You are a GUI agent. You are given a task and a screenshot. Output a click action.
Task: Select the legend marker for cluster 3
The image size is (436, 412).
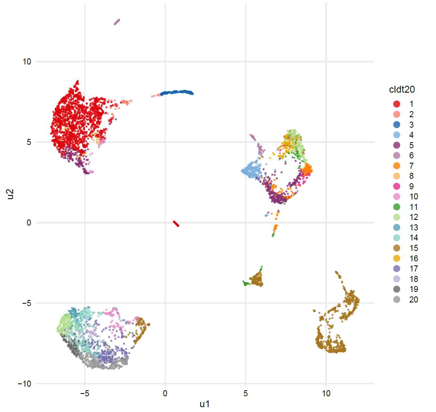pyautogui.click(x=397, y=124)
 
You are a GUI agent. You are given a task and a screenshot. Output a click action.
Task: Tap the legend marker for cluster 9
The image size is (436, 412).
pyautogui.click(x=397, y=186)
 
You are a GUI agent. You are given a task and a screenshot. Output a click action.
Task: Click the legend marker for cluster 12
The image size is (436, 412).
pyautogui.click(x=397, y=217)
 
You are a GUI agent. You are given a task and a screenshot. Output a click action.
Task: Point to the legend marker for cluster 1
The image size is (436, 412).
pyautogui.click(x=397, y=104)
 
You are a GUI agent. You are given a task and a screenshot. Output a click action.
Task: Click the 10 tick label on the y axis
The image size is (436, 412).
pyautogui.click(x=27, y=62)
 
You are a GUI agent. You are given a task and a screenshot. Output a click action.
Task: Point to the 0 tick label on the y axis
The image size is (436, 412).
pyautogui.click(x=29, y=223)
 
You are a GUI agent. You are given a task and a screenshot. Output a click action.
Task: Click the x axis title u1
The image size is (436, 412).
pyautogui.click(x=205, y=404)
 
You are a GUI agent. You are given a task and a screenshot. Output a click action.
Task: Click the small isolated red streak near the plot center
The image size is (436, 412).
pyautogui.click(x=176, y=224)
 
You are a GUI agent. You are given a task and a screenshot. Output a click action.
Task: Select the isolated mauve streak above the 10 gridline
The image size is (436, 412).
pyautogui.click(x=117, y=22)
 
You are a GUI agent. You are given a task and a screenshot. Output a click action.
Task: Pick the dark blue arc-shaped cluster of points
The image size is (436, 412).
pyautogui.click(x=177, y=93)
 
